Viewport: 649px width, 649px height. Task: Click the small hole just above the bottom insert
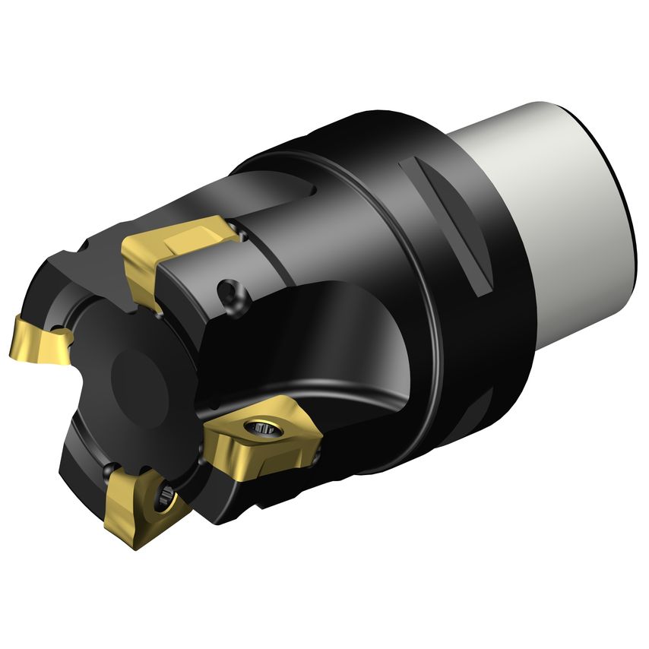tap(113, 468)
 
